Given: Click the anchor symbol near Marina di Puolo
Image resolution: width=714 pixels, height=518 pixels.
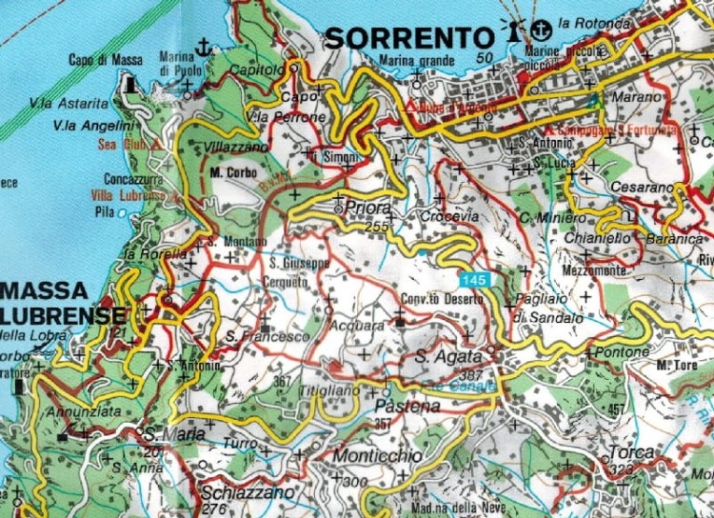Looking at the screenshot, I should pyautogui.click(x=202, y=46).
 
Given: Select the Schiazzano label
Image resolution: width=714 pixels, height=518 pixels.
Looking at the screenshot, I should pyautogui.click(x=237, y=494).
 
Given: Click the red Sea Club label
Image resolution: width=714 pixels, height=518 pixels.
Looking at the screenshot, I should pyautogui.click(x=119, y=145).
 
